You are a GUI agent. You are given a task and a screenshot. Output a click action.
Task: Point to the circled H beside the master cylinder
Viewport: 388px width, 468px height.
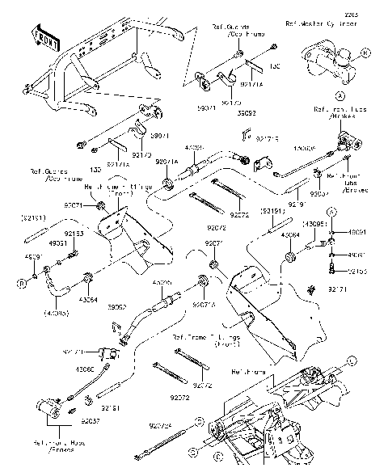pyautogui.click(x=366, y=53)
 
